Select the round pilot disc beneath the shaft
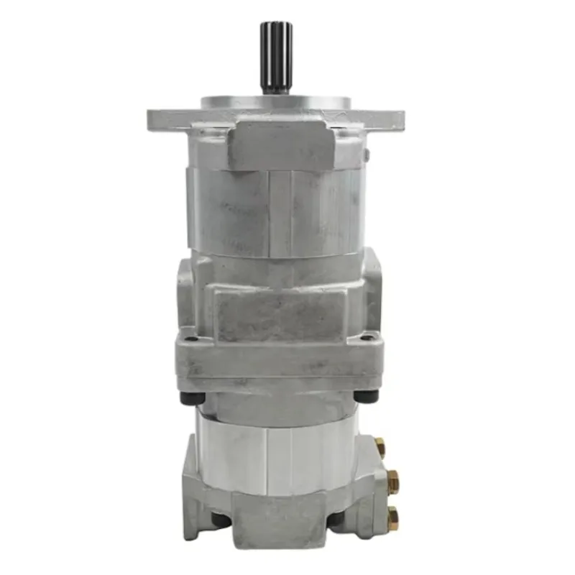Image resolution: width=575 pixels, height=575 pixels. click(x=276, y=103)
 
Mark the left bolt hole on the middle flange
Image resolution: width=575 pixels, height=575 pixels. click(x=189, y=339)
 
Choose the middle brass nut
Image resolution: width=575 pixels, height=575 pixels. click(x=392, y=481)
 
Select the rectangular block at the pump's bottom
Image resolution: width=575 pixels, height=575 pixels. click(x=279, y=521)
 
